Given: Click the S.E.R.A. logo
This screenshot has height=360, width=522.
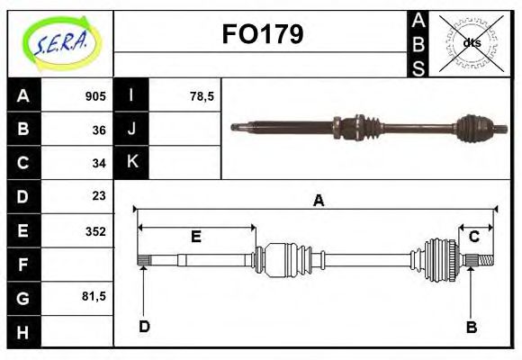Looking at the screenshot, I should click(59, 43).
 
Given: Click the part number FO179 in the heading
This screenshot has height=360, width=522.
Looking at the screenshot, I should click(262, 34).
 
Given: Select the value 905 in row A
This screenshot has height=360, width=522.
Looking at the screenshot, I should click(95, 96).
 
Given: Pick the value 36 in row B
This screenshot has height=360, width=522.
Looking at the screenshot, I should click(99, 129).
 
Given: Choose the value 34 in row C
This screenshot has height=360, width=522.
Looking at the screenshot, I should click(99, 163).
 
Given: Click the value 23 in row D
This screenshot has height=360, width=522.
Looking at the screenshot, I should click(99, 195).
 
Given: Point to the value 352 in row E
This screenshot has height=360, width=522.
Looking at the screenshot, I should click(95, 230).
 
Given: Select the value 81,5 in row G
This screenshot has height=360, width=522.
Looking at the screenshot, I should click(94, 296).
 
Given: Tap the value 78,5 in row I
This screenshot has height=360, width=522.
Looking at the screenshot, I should click(202, 96).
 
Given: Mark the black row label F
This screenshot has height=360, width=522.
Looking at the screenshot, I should click(23, 264).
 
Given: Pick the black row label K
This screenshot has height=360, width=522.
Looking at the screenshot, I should click(131, 162).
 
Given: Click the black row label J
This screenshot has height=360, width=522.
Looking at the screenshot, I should click(131, 129).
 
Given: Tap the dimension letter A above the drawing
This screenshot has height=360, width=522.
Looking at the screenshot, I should click(318, 201).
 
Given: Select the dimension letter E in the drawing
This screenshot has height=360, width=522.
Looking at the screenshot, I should click(195, 237).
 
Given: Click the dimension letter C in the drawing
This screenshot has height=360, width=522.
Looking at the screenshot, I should click(473, 237).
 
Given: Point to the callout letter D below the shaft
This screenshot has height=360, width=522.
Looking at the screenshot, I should click(144, 327).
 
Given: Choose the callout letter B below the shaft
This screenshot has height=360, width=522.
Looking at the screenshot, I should click(471, 327).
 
